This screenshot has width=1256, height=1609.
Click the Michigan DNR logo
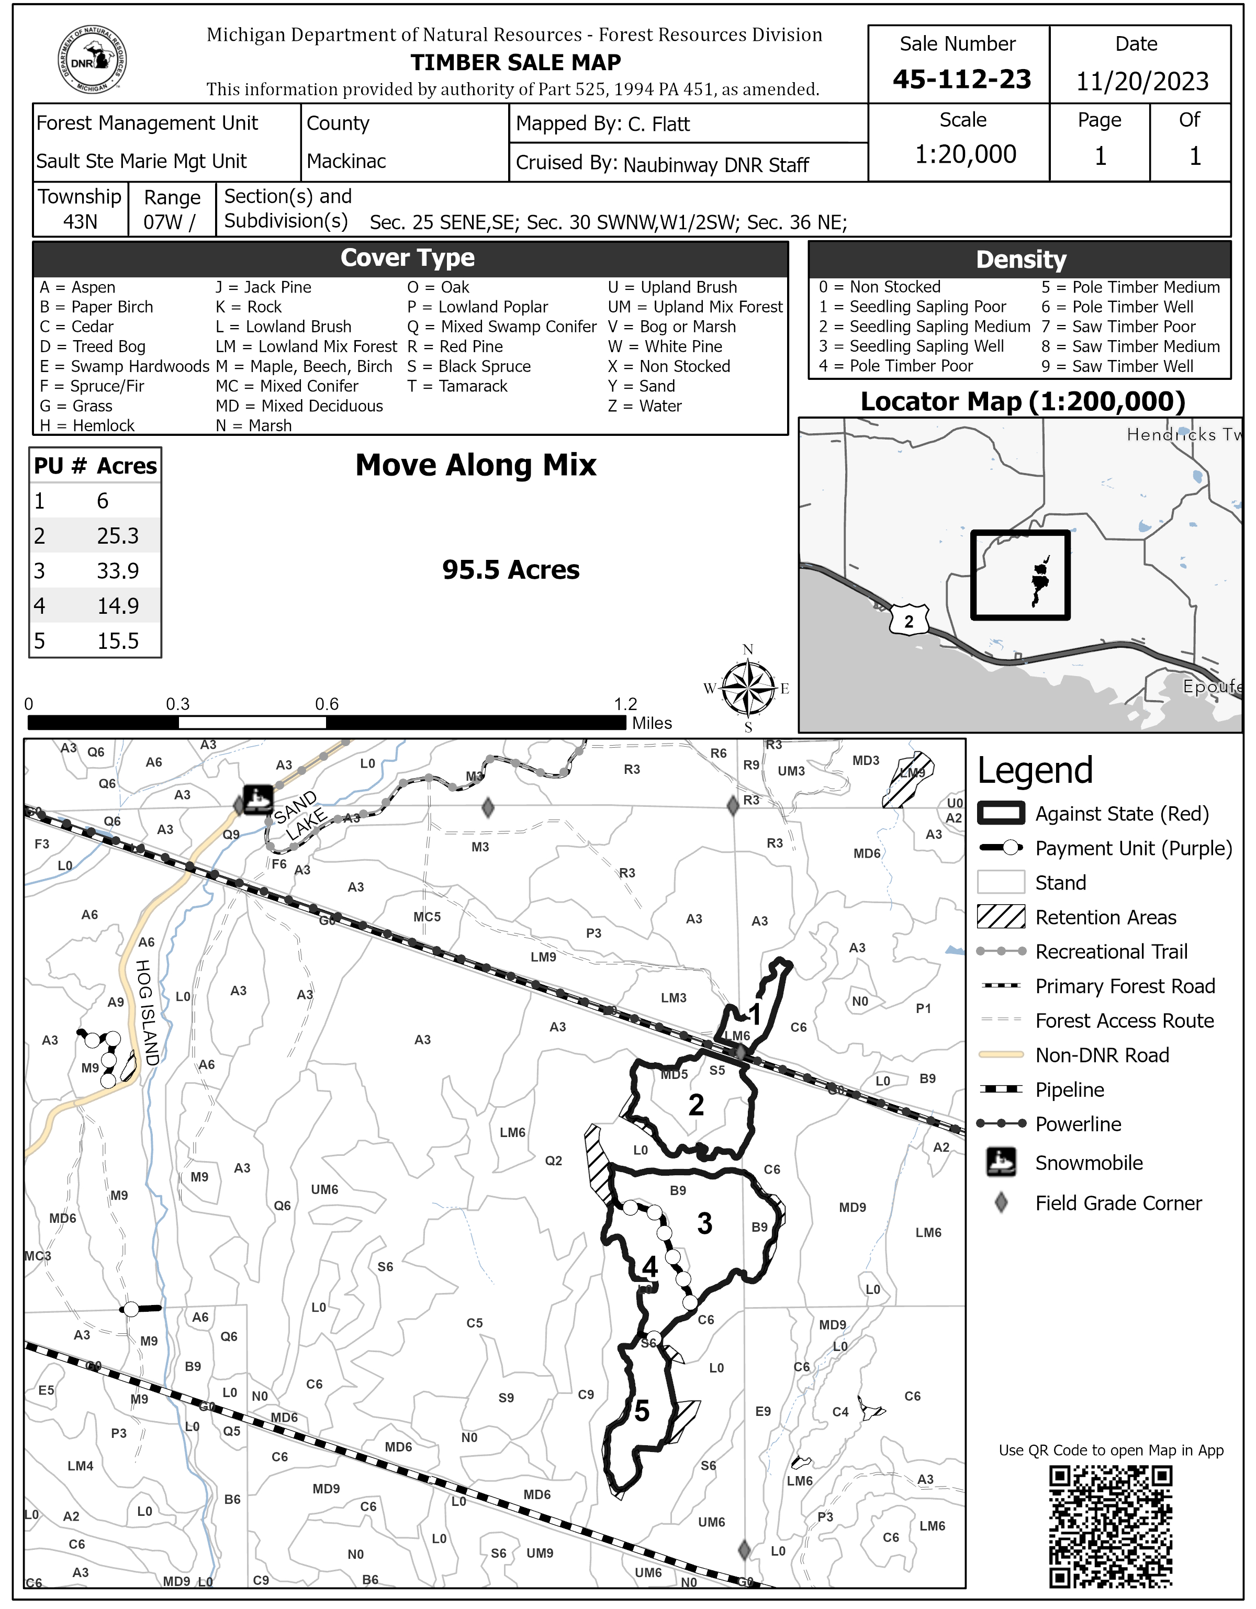(x=92, y=60)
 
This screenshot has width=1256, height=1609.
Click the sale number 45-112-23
(x=961, y=80)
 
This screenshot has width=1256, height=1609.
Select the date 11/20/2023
(x=1142, y=81)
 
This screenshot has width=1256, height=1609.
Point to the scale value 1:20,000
(x=965, y=154)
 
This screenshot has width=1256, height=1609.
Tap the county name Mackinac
(x=346, y=161)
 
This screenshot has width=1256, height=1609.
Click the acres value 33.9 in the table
(x=118, y=571)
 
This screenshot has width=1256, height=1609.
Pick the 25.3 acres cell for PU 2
(x=118, y=536)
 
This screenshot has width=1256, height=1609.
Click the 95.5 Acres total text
(x=510, y=569)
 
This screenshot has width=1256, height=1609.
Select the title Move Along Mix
(x=476, y=465)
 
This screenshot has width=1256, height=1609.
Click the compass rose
(x=748, y=688)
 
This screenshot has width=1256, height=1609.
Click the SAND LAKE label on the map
(x=300, y=816)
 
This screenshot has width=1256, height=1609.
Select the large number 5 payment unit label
(x=642, y=1411)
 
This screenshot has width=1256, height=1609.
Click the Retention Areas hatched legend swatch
(x=1001, y=917)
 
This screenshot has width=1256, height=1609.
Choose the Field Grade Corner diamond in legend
(x=1001, y=1203)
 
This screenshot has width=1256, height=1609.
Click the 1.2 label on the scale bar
(x=625, y=704)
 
